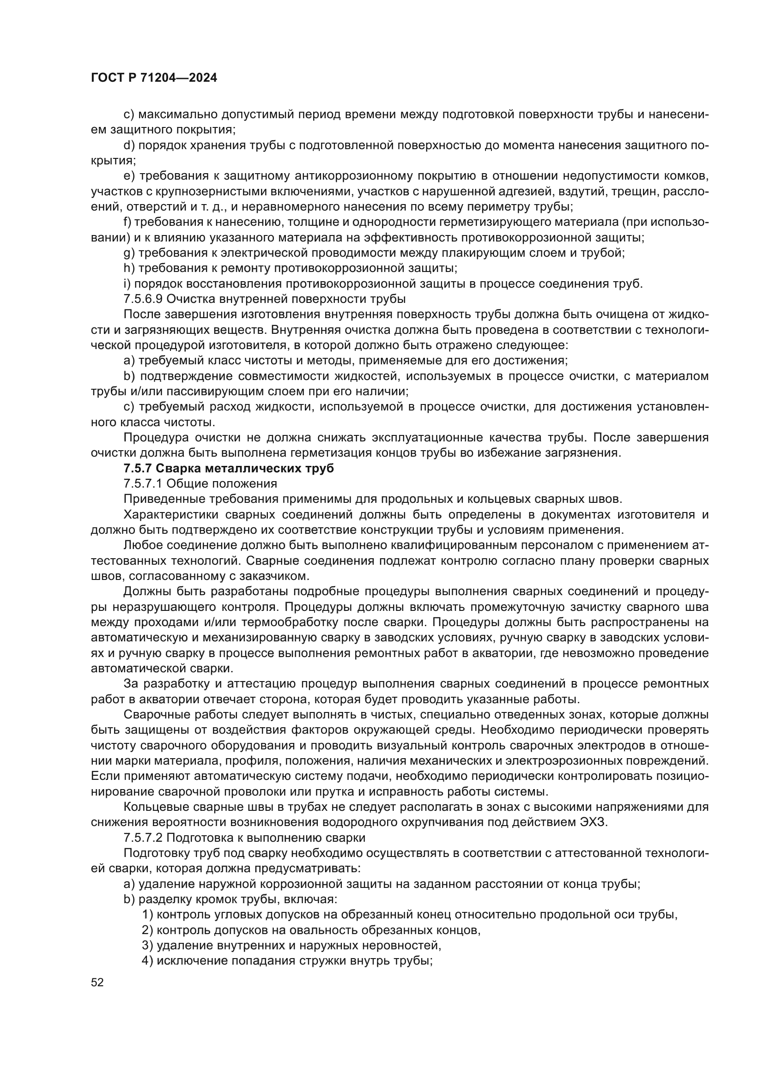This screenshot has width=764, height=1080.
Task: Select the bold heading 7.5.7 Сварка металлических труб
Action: click(x=229, y=469)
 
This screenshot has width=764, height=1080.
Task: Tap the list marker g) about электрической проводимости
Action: click(x=129, y=253)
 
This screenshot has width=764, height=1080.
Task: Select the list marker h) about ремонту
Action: click(x=129, y=268)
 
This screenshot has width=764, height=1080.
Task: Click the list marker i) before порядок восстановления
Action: click(x=127, y=284)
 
